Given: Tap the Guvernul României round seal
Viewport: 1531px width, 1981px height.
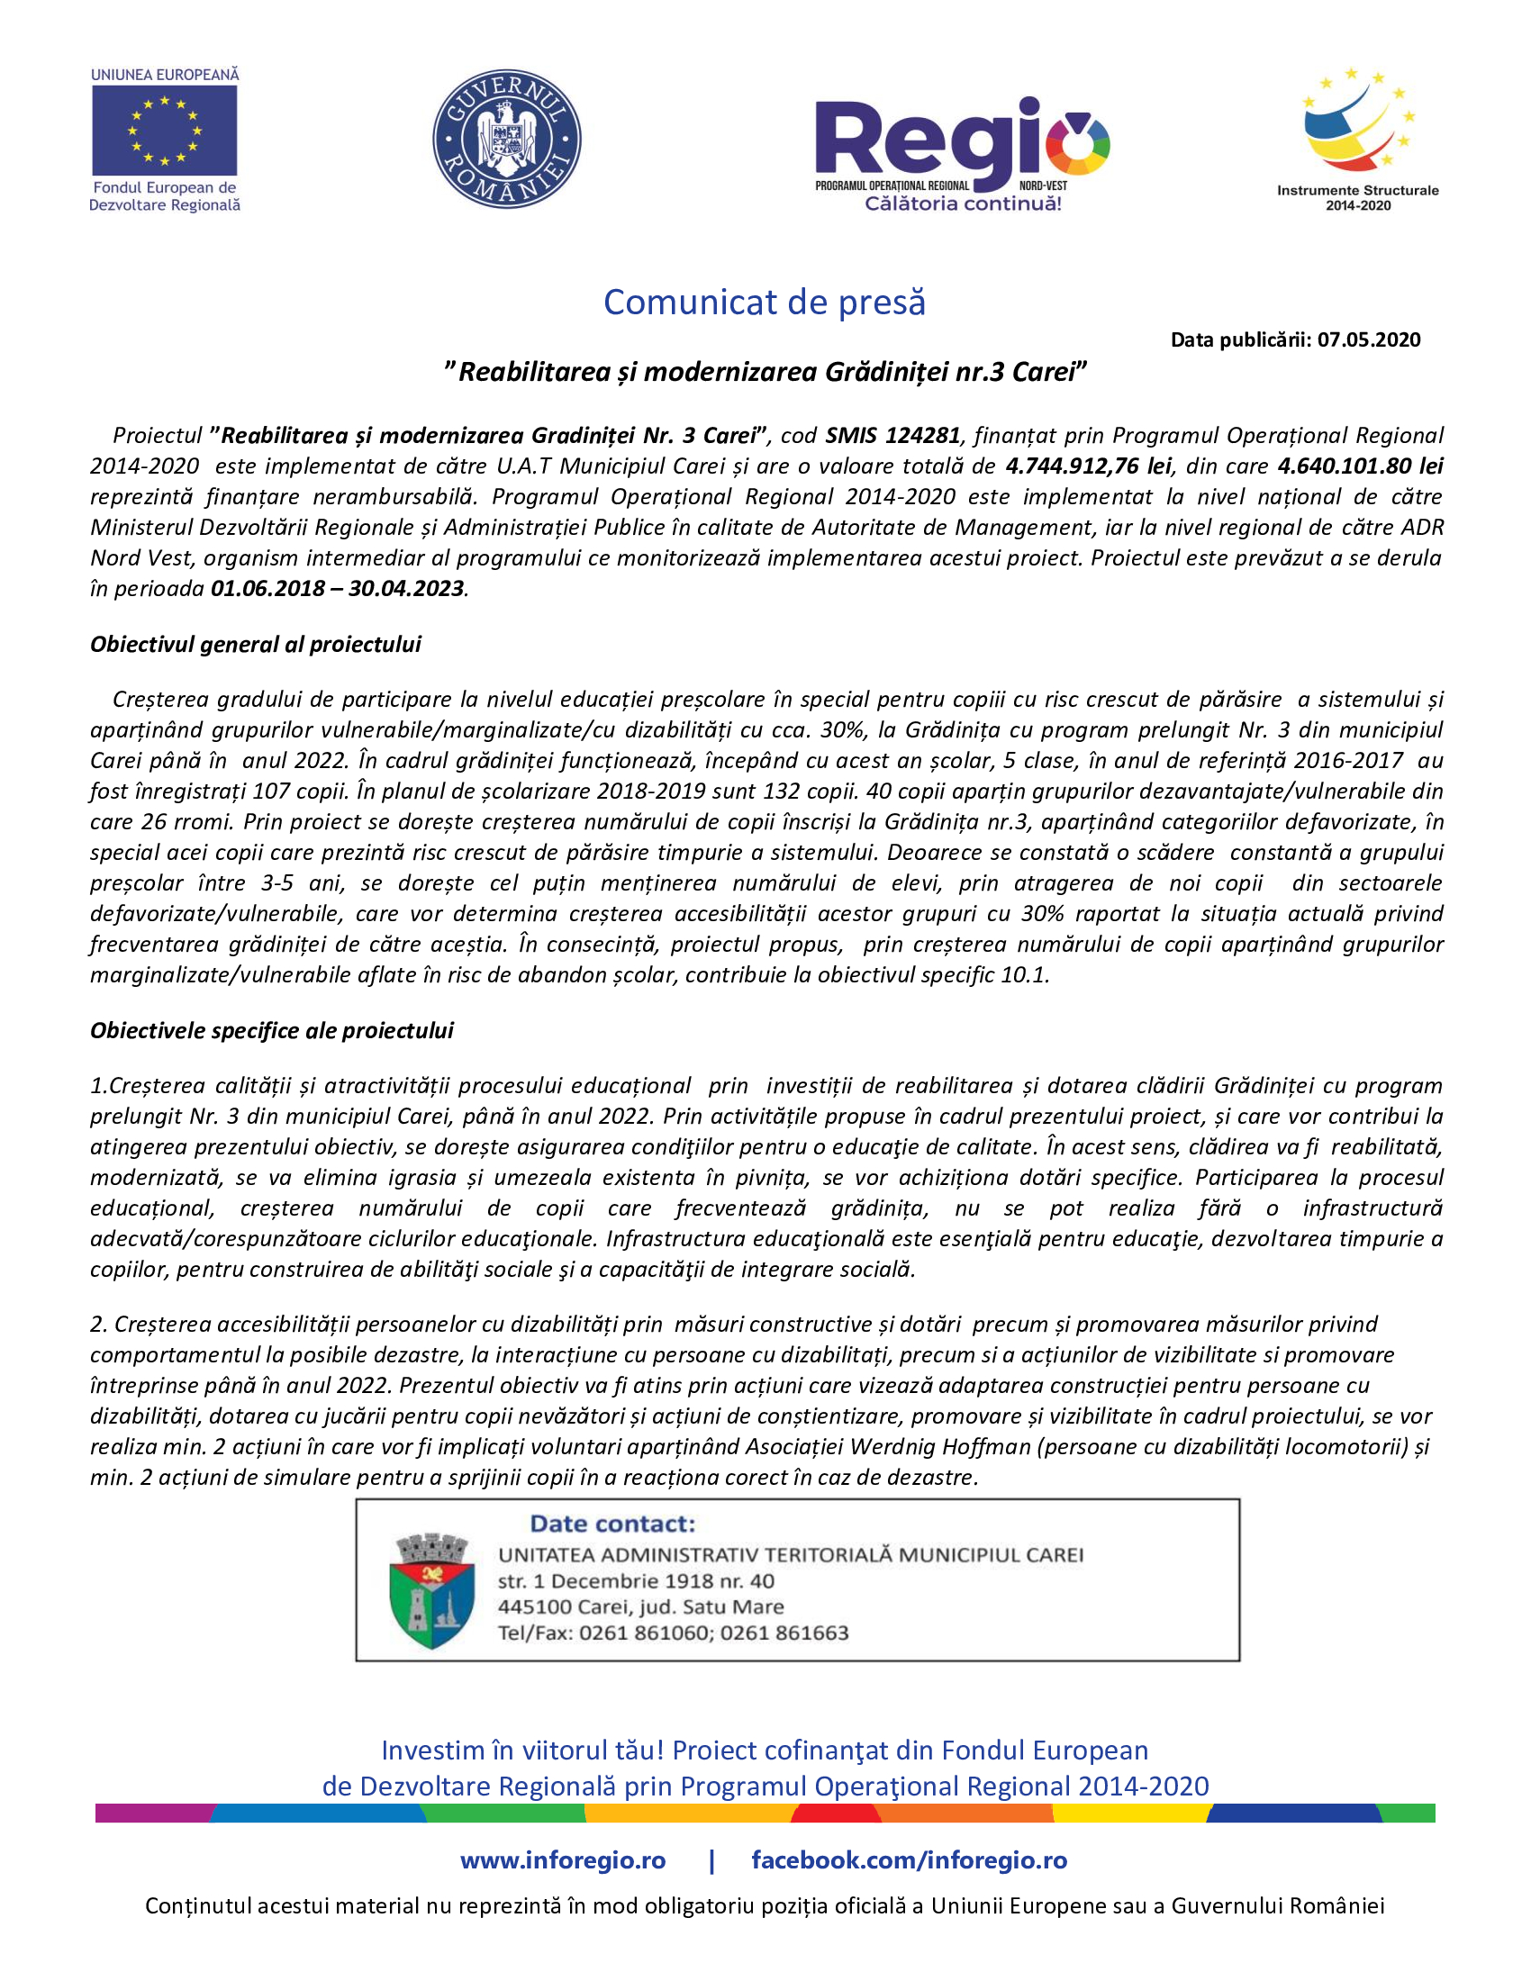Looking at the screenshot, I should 506,139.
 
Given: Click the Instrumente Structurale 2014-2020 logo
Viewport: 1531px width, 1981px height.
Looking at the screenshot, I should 1357,136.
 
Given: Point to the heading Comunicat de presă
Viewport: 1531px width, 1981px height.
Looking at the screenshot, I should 765,302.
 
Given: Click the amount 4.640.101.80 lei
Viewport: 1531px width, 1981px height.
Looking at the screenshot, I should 1360,466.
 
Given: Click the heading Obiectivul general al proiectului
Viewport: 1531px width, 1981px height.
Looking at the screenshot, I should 256,644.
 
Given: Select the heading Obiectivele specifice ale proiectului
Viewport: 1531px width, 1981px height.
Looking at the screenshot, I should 271,1030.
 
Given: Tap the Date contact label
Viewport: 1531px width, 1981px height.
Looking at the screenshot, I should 612,1524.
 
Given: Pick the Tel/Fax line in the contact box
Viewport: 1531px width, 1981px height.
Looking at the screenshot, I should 673,1633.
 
